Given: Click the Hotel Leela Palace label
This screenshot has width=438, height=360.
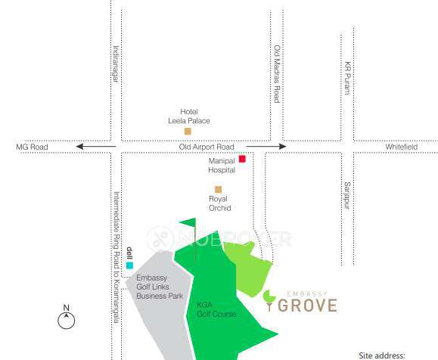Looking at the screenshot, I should [x=188, y=116].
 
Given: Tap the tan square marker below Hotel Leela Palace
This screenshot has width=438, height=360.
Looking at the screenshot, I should [x=188, y=132].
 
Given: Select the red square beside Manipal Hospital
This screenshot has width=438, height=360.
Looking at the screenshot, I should [x=242, y=159].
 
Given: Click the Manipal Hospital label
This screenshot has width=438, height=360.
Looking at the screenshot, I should [x=222, y=166].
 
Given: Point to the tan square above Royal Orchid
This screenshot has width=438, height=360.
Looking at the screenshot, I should [x=218, y=189].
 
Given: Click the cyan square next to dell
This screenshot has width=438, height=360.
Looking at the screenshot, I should [x=129, y=265].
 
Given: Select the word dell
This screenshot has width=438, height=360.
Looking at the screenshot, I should [x=129, y=253].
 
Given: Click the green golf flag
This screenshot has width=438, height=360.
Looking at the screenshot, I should [x=188, y=224].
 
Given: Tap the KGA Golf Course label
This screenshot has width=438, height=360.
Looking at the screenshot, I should [x=216, y=309].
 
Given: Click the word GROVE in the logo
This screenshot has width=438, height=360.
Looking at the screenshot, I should [x=309, y=305].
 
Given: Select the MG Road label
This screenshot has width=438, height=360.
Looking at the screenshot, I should [x=32, y=147].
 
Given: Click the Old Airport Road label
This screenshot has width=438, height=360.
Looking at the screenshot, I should [x=207, y=147].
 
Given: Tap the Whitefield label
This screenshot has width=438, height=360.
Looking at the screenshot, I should [x=401, y=147].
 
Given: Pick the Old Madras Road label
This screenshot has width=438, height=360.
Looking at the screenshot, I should [x=277, y=73].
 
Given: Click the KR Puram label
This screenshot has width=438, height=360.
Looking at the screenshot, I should [x=348, y=77].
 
